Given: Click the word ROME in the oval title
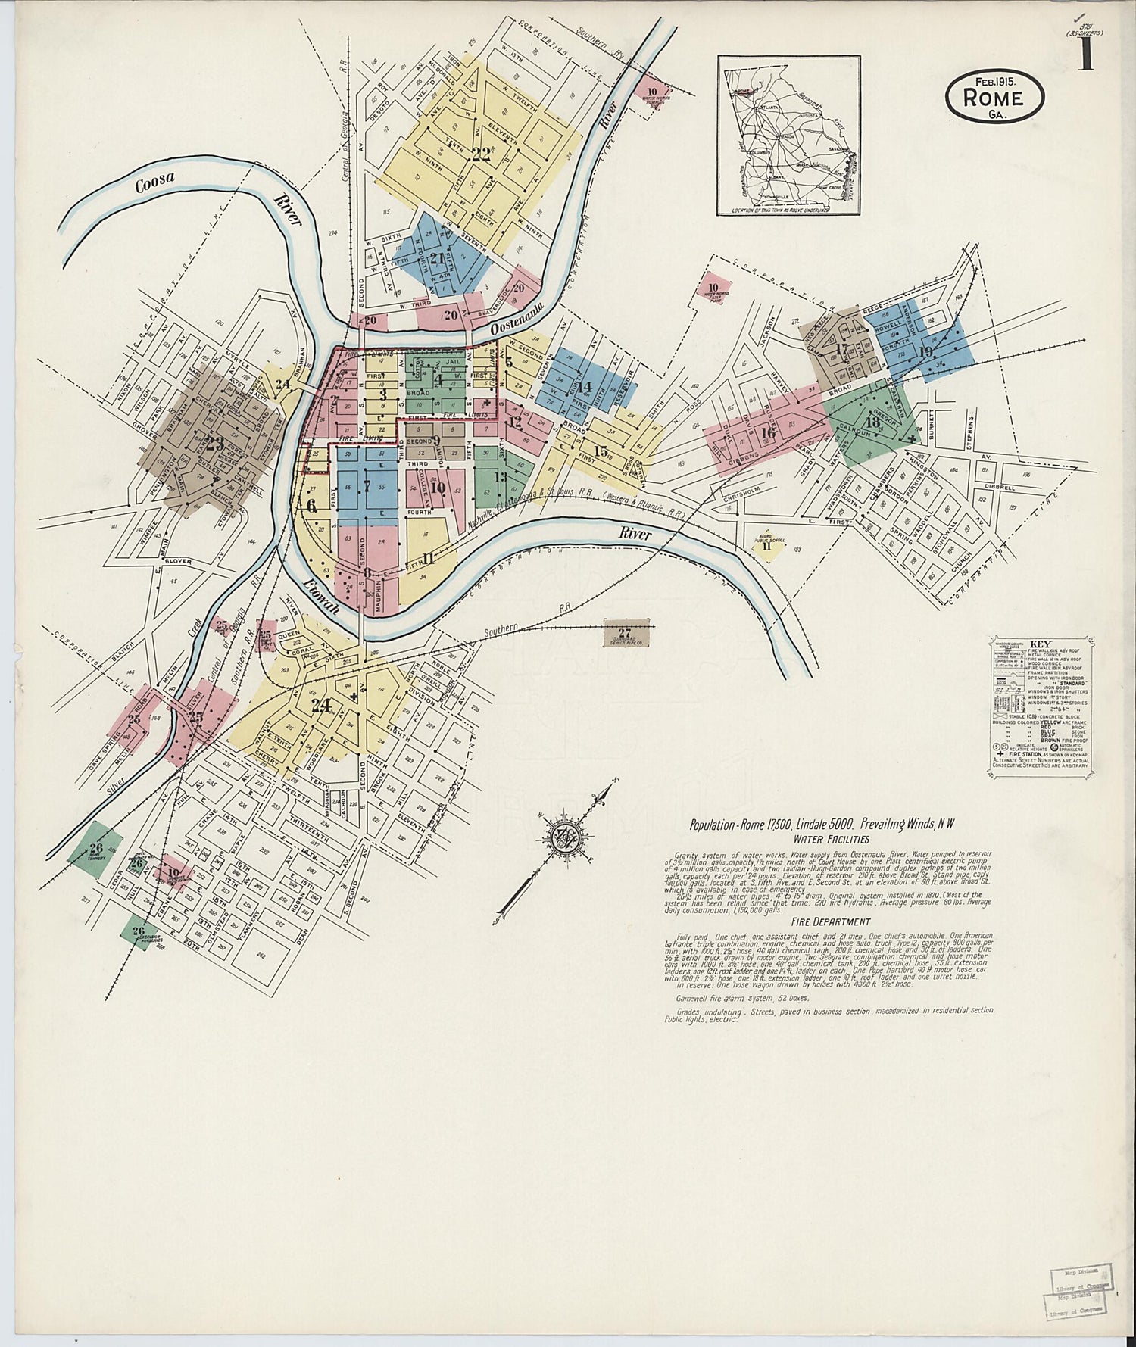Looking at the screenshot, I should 994,98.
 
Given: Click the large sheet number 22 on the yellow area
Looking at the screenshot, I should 480,154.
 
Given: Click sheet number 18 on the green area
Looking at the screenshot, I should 872,421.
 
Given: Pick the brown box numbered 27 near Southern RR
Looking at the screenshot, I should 626,635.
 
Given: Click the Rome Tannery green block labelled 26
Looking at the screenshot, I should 96,849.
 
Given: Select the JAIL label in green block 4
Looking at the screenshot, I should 454,364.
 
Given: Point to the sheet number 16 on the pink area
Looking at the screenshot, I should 768,432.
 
